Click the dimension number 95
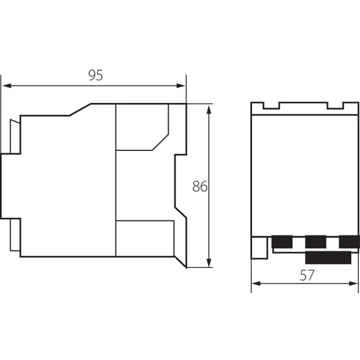[95, 75]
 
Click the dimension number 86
[200, 186]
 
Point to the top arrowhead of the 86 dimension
[208, 109]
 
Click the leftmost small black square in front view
[282, 241]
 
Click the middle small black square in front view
[315, 241]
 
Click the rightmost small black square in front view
[349, 241]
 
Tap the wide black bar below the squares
[329, 256]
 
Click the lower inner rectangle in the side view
[145, 238]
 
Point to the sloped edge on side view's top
[80, 110]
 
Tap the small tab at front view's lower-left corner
[258, 247]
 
